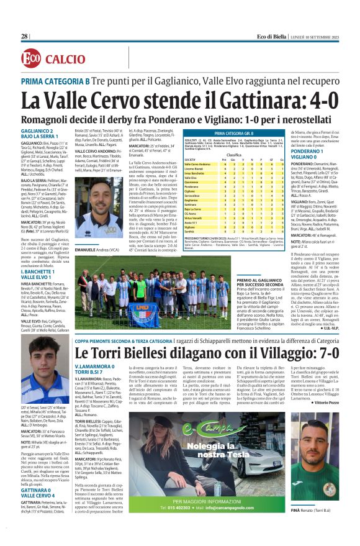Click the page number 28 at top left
pos(25,37)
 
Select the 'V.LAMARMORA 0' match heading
pos(95,369)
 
